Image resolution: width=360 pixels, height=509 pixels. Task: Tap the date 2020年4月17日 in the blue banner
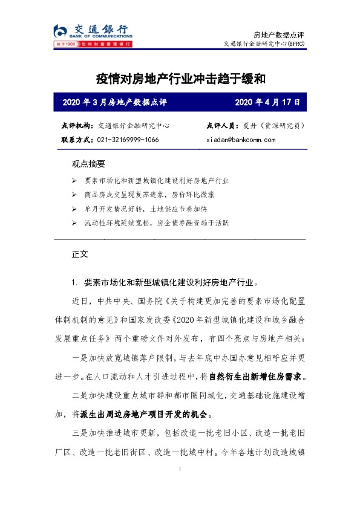point(267,102)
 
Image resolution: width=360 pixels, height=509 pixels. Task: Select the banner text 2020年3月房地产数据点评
point(115,102)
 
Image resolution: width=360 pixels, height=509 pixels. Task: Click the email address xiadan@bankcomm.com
point(241,140)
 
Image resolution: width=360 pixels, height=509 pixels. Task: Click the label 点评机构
point(77,126)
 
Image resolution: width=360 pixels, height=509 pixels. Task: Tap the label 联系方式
point(77,140)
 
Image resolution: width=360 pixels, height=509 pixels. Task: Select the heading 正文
point(80,254)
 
